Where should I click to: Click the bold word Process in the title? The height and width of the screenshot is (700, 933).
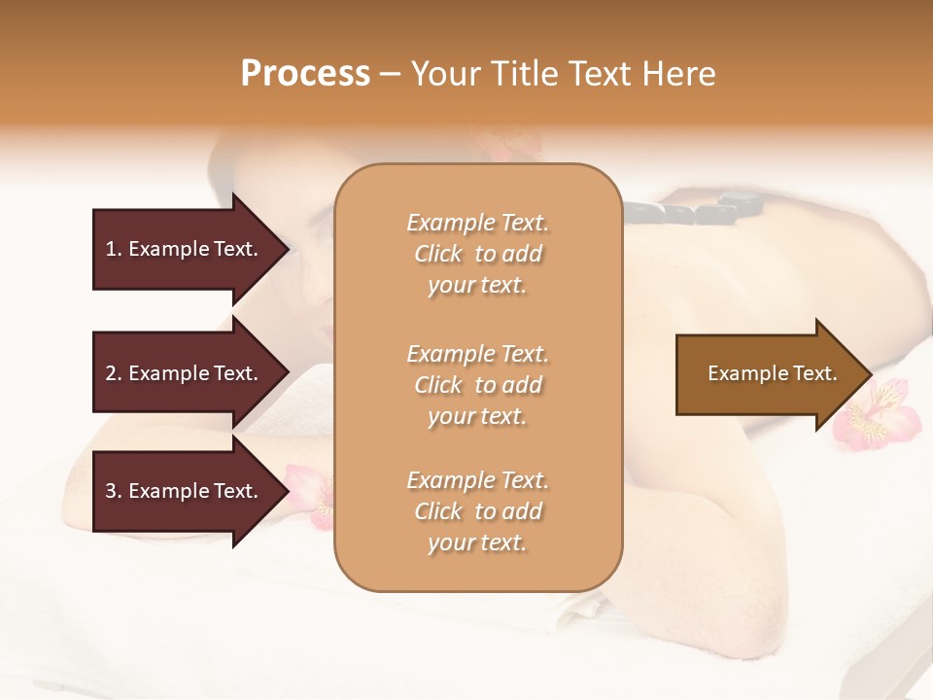(x=305, y=74)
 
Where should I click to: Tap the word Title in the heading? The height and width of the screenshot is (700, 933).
(x=526, y=74)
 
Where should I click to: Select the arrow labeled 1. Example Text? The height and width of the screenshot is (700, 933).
(x=185, y=250)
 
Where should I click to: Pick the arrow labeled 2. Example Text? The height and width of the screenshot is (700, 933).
(x=185, y=373)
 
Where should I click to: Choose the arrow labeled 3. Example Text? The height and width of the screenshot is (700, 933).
(x=185, y=491)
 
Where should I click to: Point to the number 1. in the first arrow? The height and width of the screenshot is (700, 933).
(x=114, y=250)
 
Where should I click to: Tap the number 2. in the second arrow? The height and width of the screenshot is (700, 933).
(x=114, y=373)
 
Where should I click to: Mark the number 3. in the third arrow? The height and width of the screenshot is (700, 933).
(x=114, y=491)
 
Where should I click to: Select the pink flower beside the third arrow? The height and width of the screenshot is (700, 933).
(x=309, y=491)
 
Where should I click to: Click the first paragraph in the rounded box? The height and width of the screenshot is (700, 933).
(x=477, y=254)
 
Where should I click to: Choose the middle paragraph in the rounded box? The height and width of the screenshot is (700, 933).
(x=477, y=385)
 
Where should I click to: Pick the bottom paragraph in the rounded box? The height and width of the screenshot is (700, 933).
(x=477, y=511)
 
